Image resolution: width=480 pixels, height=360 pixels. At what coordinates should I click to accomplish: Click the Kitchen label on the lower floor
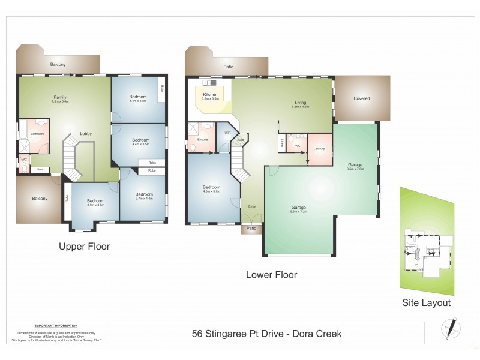tap(210, 95)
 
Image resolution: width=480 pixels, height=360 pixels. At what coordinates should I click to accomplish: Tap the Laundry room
tap(319, 148)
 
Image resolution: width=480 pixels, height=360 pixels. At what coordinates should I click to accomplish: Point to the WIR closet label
tap(227, 133)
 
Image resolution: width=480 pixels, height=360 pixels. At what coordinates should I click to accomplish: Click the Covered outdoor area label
tap(361, 98)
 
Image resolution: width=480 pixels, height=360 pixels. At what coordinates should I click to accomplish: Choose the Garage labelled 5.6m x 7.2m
tap(299, 208)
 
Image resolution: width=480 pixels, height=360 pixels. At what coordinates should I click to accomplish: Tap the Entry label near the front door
tap(252, 206)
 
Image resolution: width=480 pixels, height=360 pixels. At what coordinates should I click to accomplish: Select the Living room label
tap(300, 103)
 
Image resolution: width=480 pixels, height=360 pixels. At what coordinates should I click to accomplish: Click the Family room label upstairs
tap(60, 97)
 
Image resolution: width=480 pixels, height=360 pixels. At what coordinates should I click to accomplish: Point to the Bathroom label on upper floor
tap(37, 134)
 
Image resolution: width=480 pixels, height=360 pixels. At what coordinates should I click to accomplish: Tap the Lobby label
tap(86, 134)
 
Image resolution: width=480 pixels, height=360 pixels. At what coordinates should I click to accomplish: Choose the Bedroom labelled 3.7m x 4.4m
tap(144, 194)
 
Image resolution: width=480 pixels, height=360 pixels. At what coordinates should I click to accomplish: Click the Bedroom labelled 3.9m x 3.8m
tap(95, 201)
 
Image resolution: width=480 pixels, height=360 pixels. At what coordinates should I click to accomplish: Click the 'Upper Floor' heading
tap(84, 246)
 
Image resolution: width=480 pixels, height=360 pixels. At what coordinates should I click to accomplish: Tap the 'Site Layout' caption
tap(426, 303)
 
